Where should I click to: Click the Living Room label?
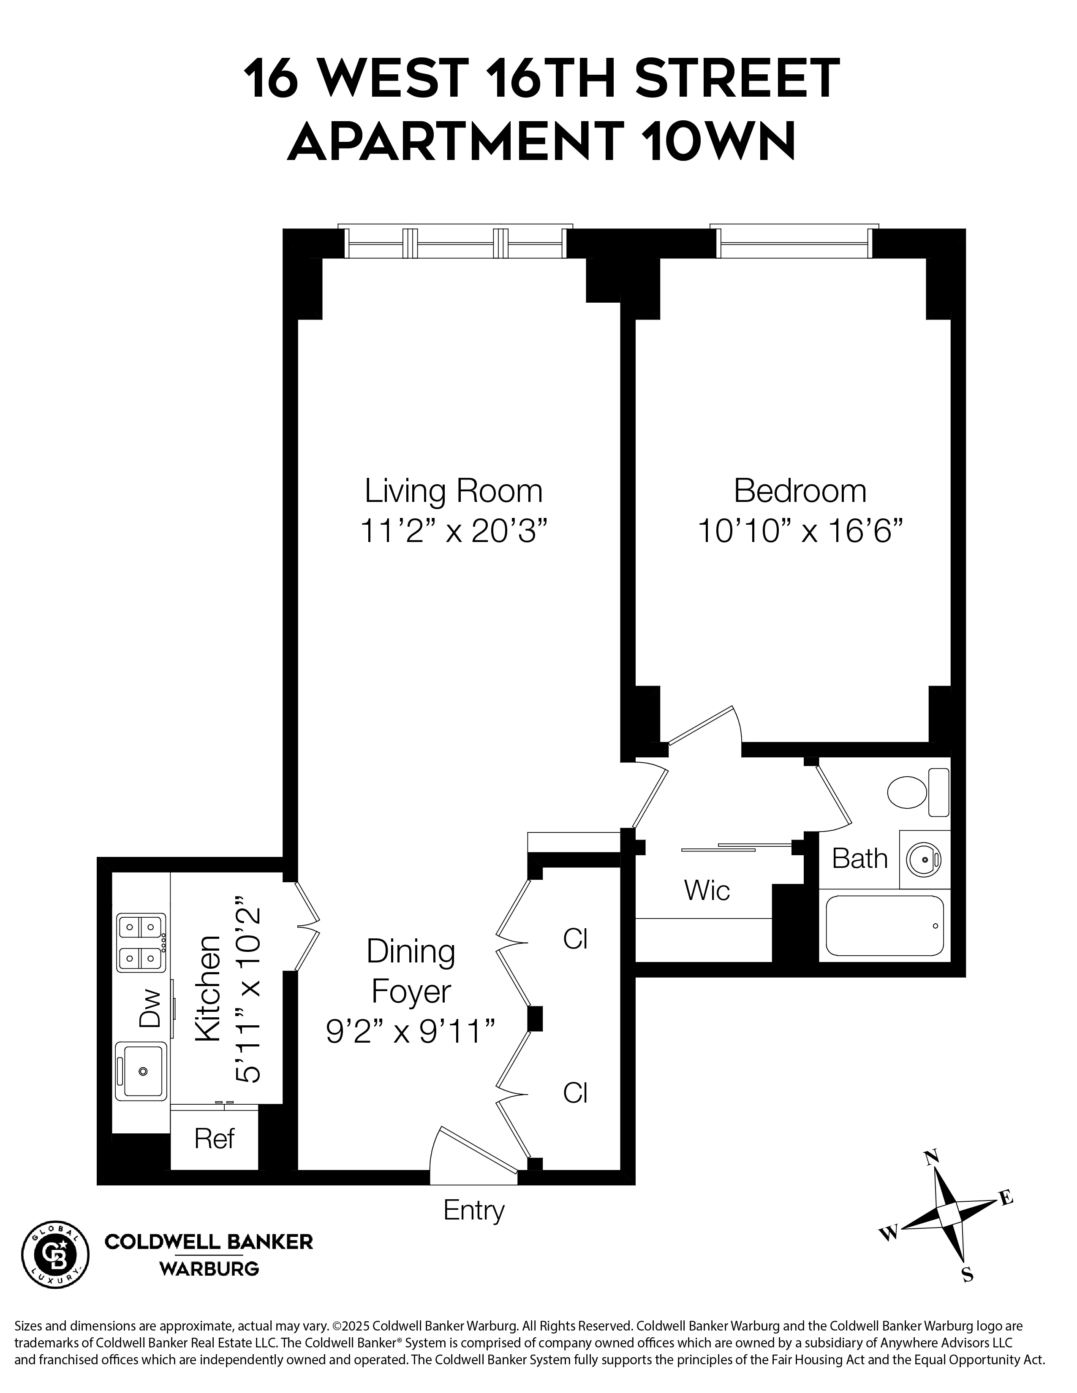pyautogui.click(x=453, y=491)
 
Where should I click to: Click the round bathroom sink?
pyautogui.click(x=923, y=860)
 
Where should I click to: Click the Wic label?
pyautogui.click(x=706, y=890)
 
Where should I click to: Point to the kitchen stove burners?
pyautogui.click(x=140, y=942)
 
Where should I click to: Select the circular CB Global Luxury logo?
pyautogui.click(x=55, y=1255)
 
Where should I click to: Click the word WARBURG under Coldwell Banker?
pyautogui.click(x=209, y=1269)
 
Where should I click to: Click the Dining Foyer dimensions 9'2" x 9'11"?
pyautogui.click(x=411, y=1031)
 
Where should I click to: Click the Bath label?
pyautogui.click(x=859, y=859)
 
